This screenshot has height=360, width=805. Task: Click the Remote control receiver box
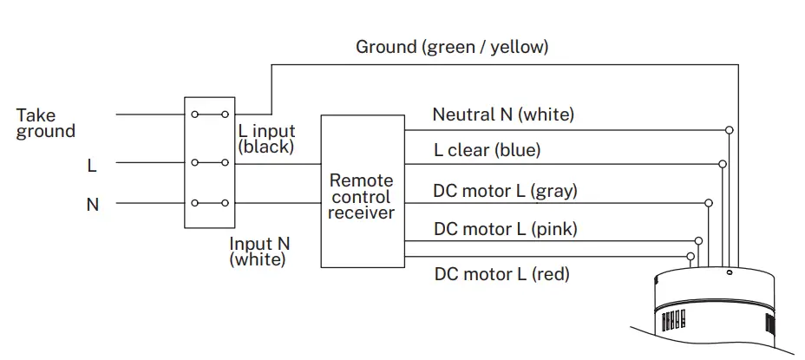tap(363, 191)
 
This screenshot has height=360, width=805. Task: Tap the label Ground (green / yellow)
tap(452, 47)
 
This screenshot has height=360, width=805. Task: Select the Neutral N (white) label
tap(503, 114)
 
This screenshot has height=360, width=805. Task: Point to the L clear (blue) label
tap(488, 150)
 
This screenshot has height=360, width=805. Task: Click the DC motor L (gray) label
tap(505, 191)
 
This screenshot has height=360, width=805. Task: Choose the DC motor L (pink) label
tap(506, 228)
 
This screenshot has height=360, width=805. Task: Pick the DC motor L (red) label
tap(502, 274)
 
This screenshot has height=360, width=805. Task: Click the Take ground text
tap(46, 122)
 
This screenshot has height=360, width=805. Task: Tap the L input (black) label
tap(267, 139)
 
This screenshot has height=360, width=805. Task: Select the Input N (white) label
tap(259, 251)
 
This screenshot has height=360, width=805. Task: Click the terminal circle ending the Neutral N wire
tap(729, 130)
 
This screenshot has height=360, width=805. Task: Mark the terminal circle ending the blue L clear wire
tap(723, 164)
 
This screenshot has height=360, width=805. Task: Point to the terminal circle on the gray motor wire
tap(709, 203)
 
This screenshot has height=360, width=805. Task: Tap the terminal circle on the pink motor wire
tap(698, 240)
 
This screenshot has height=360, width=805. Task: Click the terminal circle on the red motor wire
tap(690, 256)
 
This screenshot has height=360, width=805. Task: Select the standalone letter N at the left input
tap(93, 205)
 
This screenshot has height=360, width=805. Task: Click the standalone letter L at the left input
tap(92, 166)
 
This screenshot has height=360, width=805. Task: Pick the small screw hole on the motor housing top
tap(730, 272)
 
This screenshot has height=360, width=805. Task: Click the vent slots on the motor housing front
tap(673, 320)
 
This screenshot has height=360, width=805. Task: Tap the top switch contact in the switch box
tap(209, 114)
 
